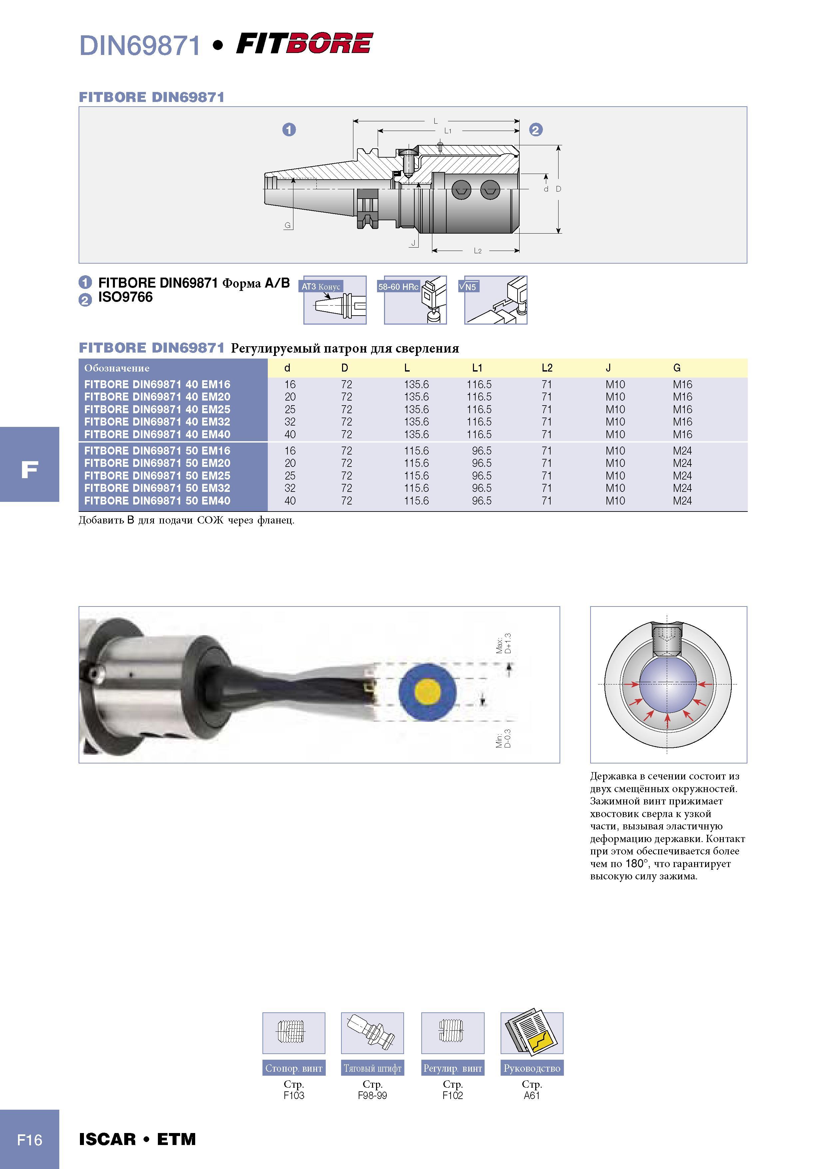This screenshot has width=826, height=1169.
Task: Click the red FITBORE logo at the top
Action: click(x=304, y=43)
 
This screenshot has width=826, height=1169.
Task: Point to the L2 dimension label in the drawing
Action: click(x=477, y=251)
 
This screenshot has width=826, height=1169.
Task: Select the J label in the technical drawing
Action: click(x=414, y=243)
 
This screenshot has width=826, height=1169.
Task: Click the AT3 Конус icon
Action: click(x=334, y=300)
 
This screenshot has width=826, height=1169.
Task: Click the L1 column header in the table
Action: click(x=477, y=368)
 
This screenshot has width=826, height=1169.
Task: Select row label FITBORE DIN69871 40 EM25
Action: click(x=157, y=409)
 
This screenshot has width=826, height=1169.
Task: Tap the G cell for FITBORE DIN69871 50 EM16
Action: click(x=682, y=451)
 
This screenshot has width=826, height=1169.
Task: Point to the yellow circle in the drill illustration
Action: click(x=428, y=692)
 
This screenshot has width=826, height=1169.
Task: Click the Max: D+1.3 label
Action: click(x=504, y=644)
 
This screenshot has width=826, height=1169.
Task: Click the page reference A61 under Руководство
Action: click(x=532, y=1095)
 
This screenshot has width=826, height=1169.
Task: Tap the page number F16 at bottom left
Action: click(x=30, y=1139)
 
